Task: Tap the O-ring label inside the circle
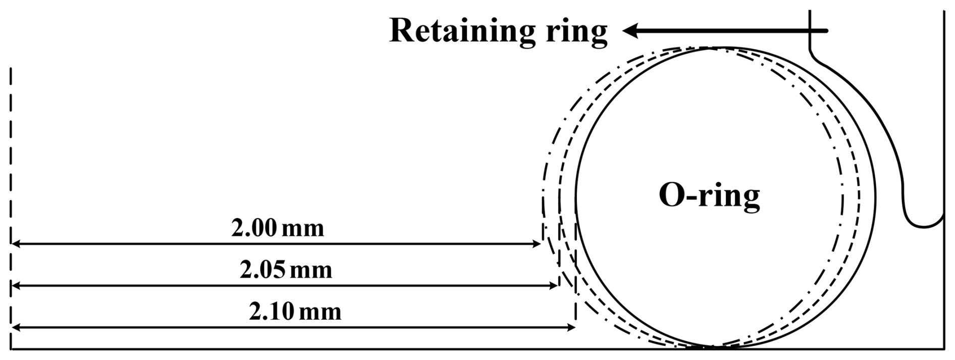(709, 195)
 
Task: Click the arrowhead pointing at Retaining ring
(629, 31)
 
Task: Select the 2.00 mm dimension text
(278, 229)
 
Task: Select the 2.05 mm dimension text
(286, 271)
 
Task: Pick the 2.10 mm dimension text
(295, 312)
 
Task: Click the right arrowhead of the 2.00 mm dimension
(537, 244)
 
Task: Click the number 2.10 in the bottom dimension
(271, 312)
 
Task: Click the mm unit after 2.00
(302, 229)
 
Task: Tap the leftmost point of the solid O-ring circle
(576, 197)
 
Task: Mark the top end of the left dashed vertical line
(11, 68)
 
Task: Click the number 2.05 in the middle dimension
(262, 271)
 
